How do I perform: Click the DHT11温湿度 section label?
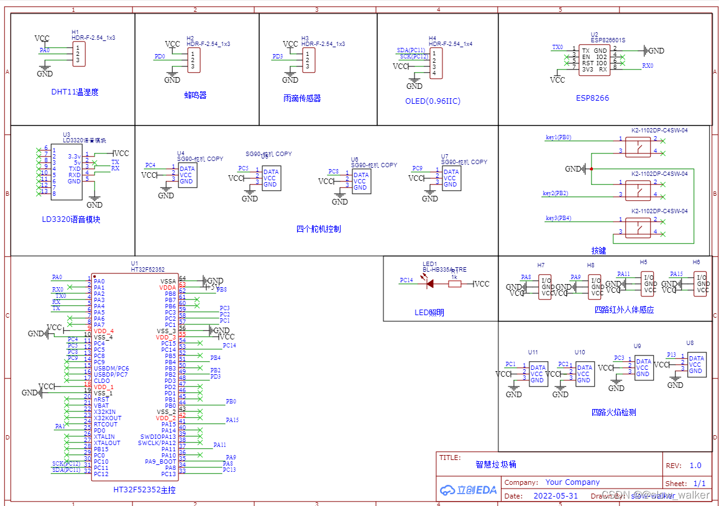click(x=75, y=92)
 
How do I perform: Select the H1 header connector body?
click(x=79, y=54)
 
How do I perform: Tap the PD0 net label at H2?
click(x=160, y=57)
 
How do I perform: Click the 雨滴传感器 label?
click(x=301, y=98)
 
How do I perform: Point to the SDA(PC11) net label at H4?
click(x=411, y=50)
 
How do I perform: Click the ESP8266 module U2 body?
click(x=593, y=60)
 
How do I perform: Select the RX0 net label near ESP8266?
click(x=647, y=65)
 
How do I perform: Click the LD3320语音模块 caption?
click(x=71, y=219)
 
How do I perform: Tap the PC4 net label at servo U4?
click(x=150, y=165)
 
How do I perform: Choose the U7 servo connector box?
click(x=451, y=178)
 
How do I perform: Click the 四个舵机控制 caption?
click(x=318, y=229)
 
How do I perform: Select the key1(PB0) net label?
click(x=558, y=137)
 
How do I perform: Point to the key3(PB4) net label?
click(x=558, y=218)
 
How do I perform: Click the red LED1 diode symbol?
click(x=429, y=284)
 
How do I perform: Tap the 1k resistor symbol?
click(x=455, y=284)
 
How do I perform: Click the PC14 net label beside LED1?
click(x=406, y=280)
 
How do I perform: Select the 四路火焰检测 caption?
click(x=613, y=412)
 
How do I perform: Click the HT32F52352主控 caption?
click(x=144, y=490)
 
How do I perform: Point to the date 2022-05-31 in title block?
click(x=555, y=496)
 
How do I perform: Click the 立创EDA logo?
click(x=468, y=490)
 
